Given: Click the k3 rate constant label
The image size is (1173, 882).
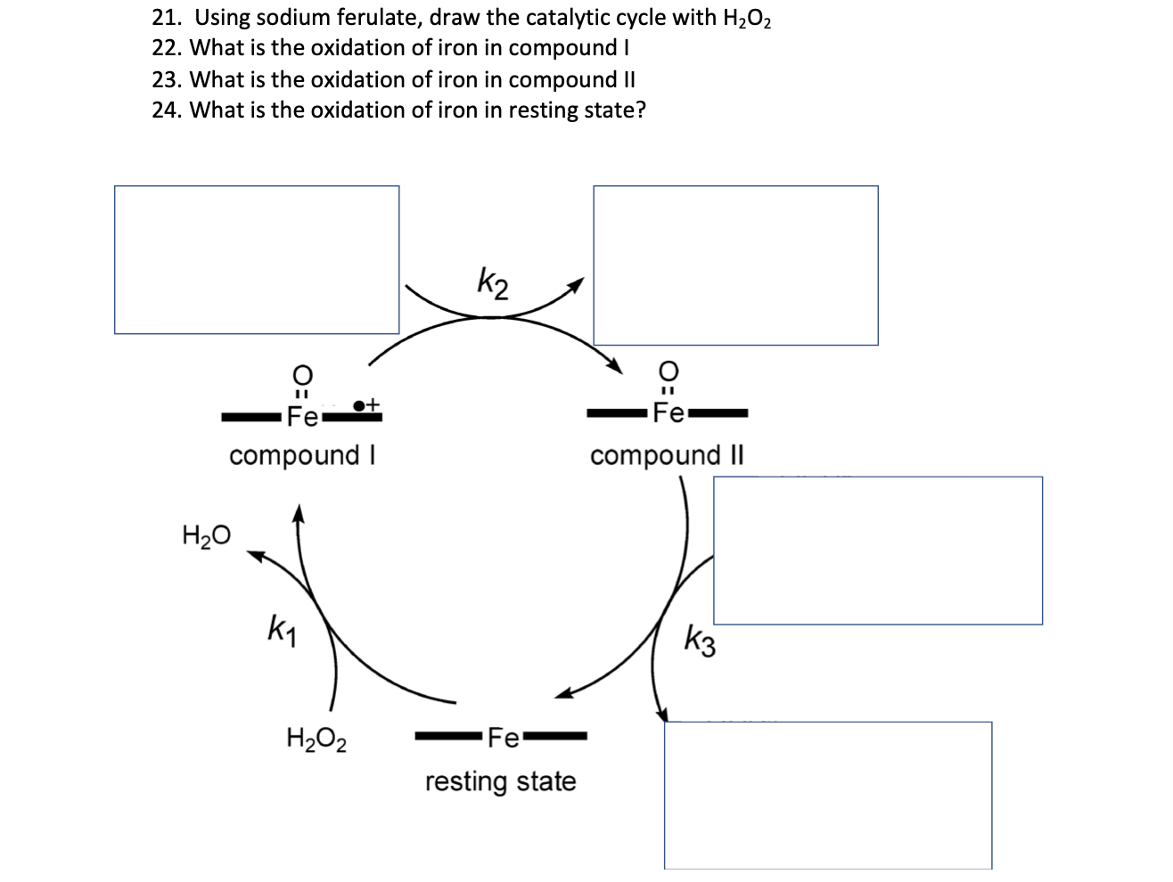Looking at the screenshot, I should click(701, 640).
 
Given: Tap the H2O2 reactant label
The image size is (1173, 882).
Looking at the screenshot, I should click(316, 739).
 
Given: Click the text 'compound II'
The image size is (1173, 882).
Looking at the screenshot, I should click(666, 455).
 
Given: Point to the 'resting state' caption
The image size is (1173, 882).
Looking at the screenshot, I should click(500, 782).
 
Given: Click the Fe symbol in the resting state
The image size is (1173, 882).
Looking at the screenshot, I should click(504, 738).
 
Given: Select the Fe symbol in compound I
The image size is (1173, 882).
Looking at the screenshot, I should click(301, 415).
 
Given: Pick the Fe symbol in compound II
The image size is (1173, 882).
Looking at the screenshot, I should click(669, 413).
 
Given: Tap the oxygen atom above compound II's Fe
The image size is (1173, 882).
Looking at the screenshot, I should click(669, 369).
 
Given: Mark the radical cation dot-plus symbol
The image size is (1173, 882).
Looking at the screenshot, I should click(366, 405).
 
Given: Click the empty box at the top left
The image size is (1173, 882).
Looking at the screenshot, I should click(257, 260).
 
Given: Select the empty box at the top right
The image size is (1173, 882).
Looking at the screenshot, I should click(735, 265).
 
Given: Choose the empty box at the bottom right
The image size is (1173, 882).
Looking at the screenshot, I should click(828, 795).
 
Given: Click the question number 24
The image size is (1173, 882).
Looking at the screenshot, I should click(167, 110).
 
